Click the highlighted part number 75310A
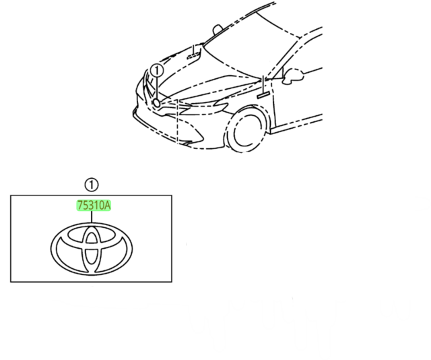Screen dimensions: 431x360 [x=94, y=206]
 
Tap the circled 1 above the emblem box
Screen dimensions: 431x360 [x=92, y=185]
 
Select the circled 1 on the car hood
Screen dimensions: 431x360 [x=157, y=71]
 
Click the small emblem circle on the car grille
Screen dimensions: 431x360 [x=156, y=103]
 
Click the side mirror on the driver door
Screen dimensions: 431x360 [x=293, y=76]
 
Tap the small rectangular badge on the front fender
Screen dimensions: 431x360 [x=263, y=95]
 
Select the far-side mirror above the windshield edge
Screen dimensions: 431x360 [x=217, y=29]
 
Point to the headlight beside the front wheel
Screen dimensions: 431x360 [x=203, y=107]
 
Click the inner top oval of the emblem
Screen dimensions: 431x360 [x=92, y=235]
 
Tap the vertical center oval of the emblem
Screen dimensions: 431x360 [x=92, y=249]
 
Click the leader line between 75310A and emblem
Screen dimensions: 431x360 [x=92, y=217]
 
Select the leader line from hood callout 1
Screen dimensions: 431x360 [x=157, y=88]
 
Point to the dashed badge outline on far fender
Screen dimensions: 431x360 [x=194, y=56]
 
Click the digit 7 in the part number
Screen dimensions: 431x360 [x=79, y=206]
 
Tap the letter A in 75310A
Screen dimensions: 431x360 [x=107, y=206]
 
